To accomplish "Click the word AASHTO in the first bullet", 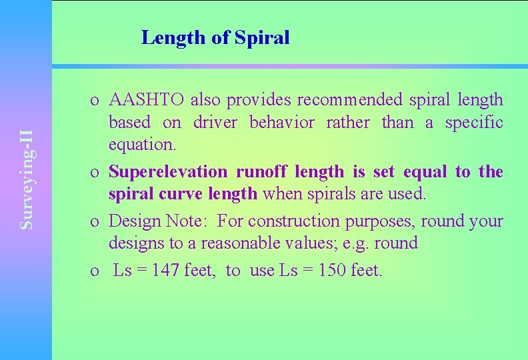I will tap(147, 100).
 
